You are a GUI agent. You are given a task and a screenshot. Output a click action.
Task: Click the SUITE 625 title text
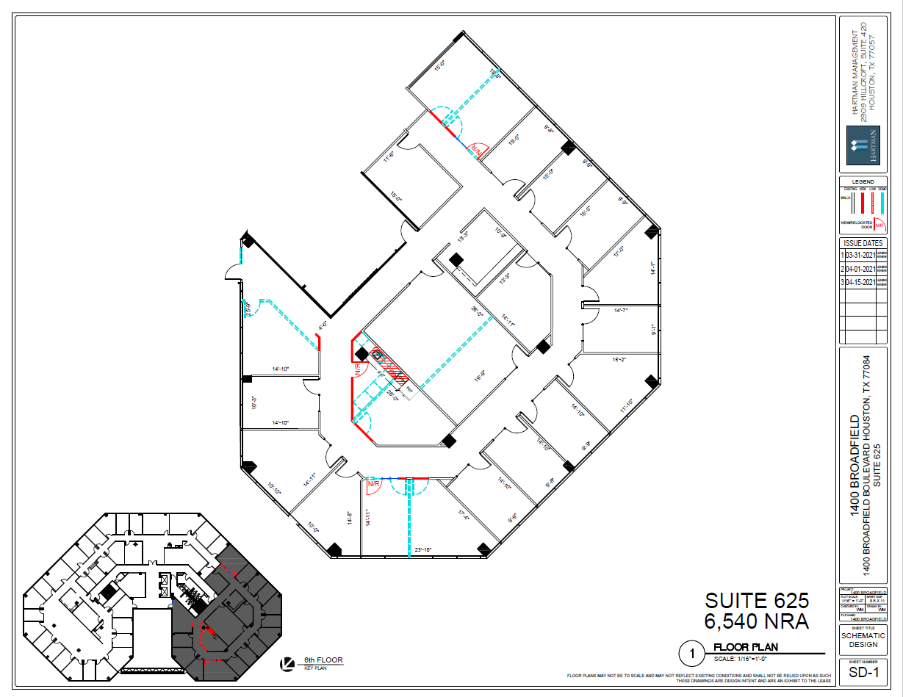point(757,601)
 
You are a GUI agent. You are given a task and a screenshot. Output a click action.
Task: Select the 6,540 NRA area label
point(757,621)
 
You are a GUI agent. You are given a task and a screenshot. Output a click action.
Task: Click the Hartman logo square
point(863,144)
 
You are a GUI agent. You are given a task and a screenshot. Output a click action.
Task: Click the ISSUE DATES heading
point(863,243)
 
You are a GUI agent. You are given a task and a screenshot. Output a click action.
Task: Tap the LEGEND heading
point(863,181)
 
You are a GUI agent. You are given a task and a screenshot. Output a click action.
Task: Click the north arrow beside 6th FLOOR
point(288,664)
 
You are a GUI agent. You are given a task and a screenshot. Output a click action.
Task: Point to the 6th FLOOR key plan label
point(323,660)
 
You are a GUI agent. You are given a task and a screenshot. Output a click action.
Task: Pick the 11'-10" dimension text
point(627,405)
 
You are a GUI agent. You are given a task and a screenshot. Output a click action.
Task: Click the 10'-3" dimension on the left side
point(254,402)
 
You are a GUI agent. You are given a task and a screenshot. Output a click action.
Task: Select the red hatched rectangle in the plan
point(389,366)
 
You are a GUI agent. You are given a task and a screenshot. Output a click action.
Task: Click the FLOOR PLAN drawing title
point(746,647)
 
